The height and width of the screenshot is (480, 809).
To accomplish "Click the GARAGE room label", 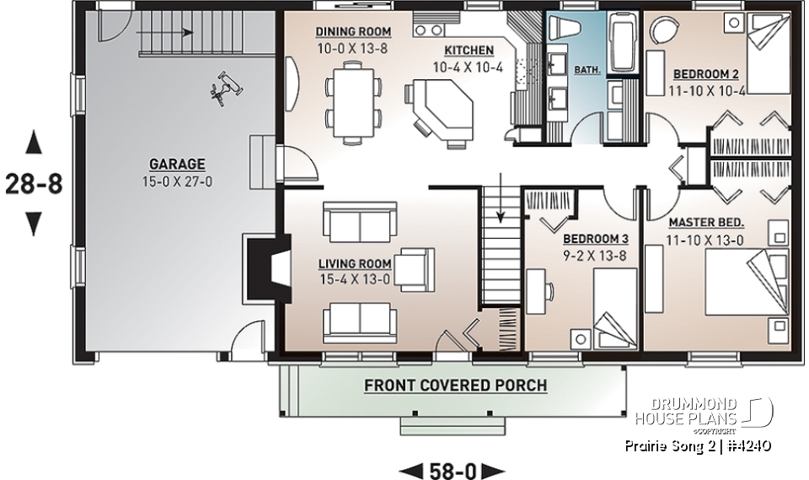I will click(x=177, y=164).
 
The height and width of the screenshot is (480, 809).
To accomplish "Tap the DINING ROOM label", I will click(x=353, y=32).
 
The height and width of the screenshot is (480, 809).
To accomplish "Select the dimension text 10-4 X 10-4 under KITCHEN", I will click(x=467, y=67).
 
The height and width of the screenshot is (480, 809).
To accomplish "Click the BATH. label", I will click(x=587, y=71).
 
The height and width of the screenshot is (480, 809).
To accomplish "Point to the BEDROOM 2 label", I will click(x=708, y=73).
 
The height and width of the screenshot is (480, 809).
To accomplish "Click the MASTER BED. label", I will click(x=706, y=223).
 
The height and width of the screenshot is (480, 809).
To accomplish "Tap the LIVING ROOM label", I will click(x=354, y=263).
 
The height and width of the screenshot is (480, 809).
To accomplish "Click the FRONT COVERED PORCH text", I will click(x=455, y=386).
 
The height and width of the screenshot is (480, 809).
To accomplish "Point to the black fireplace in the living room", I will click(x=256, y=268).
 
